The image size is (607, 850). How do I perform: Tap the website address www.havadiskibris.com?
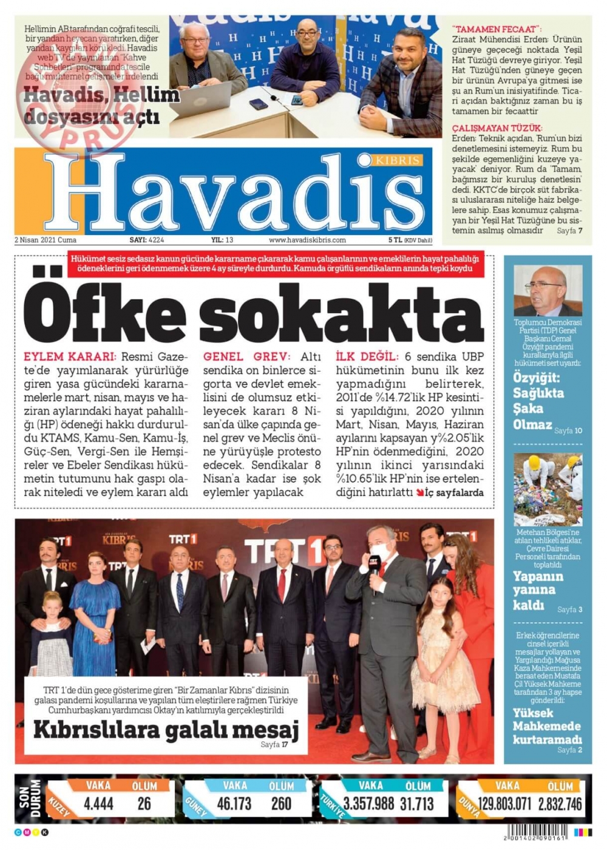click(x=307, y=240)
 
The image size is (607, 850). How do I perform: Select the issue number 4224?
click(x=156, y=240)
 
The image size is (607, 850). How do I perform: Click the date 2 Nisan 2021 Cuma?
click(x=46, y=240)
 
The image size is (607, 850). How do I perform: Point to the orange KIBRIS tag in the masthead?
click(x=398, y=160)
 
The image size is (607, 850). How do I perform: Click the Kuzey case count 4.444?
click(x=98, y=804)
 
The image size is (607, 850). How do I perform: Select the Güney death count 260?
click(x=281, y=804)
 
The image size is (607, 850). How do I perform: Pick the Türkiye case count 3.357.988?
click(x=368, y=804)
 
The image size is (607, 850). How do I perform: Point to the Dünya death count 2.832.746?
click(x=560, y=804)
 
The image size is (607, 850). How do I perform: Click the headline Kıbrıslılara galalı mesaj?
click(x=166, y=729)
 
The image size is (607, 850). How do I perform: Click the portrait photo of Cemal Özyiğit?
click(x=548, y=291)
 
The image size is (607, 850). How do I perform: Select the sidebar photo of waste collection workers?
click(x=548, y=489)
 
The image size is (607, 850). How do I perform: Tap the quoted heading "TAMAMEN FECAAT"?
click(x=497, y=29)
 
